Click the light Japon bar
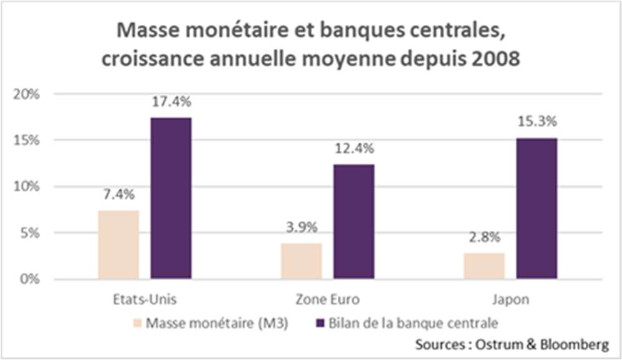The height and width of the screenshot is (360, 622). tap(484, 265)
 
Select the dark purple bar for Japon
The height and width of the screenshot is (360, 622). tap(536, 208)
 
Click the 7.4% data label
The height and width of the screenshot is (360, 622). tap(118, 195)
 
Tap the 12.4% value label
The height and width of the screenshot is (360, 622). tap(354, 149)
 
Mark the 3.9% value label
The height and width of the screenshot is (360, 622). tap(301, 228)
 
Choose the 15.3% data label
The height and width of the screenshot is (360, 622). tap(536, 122)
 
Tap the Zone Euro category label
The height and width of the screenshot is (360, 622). tap(327, 300)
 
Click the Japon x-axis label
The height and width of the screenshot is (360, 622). tap(510, 300)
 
